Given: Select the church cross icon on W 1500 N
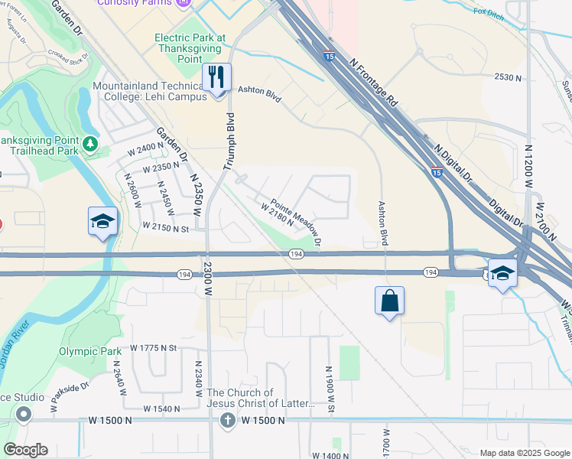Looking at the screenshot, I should click(227, 420).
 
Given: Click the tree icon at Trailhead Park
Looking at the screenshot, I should click(91, 144).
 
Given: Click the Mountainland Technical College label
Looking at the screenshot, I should click(150, 92).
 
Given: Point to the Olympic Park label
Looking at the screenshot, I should click(86, 352).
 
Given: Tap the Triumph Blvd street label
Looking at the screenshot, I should click(228, 142).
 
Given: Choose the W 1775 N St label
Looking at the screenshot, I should click(153, 348).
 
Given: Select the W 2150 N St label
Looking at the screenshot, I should click(165, 228).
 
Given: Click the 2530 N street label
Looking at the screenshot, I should click(508, 77).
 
